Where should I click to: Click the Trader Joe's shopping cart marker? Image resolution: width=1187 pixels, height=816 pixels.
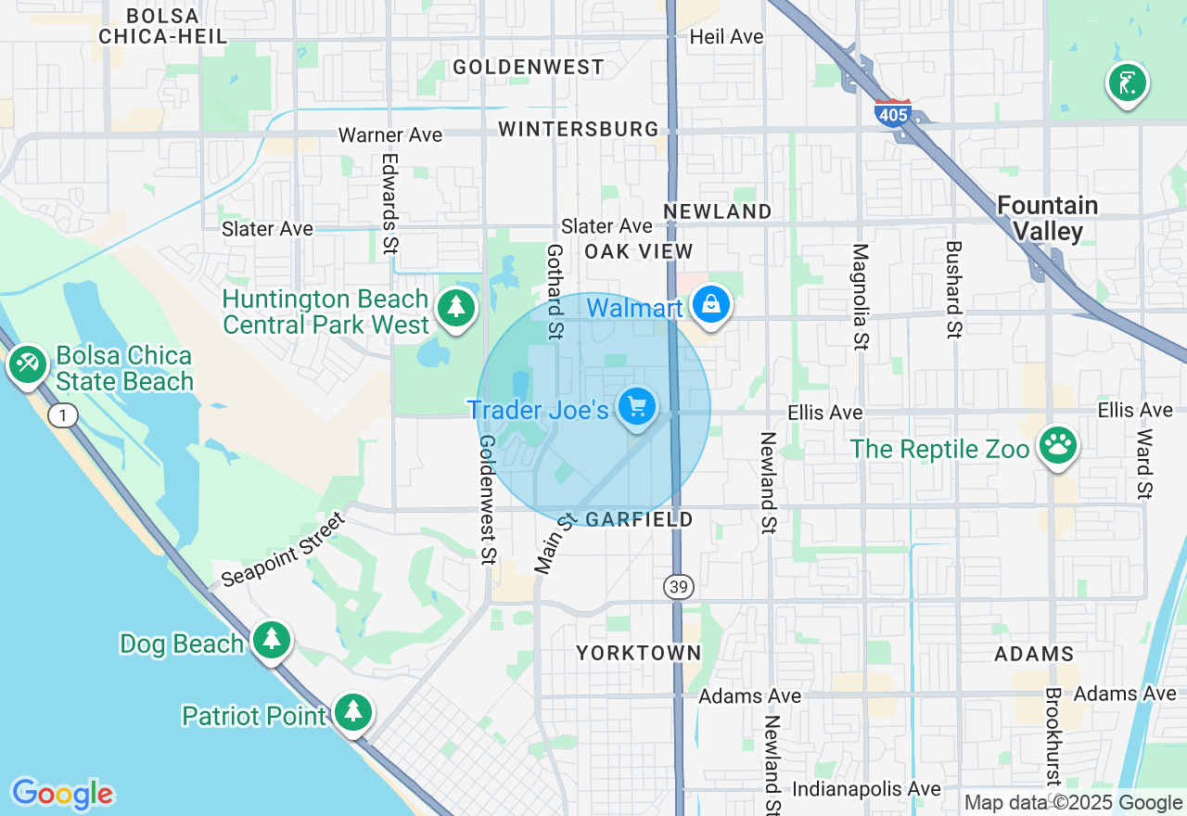(x=637, y=406)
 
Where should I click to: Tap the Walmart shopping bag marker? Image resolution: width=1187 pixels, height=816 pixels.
(x=711, y=303)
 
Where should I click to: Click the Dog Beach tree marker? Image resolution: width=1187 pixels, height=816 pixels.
(x=271, y=640)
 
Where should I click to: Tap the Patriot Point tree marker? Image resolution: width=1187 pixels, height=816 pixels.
(x=352, y=712)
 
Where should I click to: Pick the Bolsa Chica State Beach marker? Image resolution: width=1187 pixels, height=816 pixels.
(x=28, y=363)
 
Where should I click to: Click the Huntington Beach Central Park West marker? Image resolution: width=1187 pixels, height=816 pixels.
(x=455, y=308)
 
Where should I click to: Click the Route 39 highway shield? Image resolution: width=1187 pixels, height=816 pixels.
(x=679, y=586)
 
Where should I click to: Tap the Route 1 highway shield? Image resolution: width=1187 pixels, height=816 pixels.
(x=63, y=415)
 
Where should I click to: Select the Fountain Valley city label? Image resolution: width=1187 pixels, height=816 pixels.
(x=1048, y=218)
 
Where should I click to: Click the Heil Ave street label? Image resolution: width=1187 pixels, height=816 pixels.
(x=727, y=37)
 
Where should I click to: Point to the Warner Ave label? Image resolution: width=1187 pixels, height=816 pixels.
(x=390, y=135)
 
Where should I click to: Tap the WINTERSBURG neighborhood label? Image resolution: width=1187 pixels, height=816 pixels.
(x=579, y=129)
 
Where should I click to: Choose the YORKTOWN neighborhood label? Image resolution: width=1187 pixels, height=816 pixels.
(x=639, y=653)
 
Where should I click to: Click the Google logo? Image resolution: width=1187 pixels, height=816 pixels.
(x=63, y=794)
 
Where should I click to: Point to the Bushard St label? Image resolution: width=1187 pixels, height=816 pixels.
(x=954, y=288)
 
